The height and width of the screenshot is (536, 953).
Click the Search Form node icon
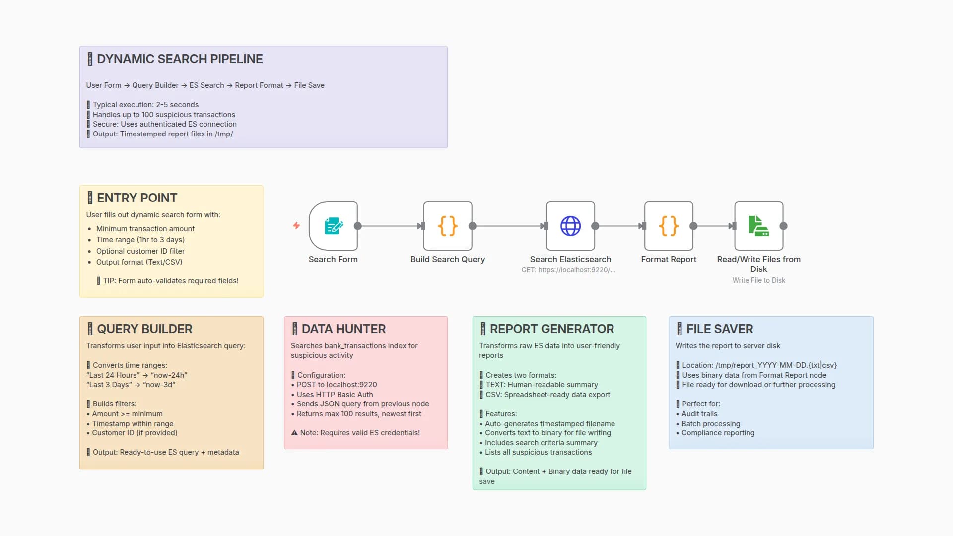(x=333, y=226)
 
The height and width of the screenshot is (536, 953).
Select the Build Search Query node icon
(x=447, y=226)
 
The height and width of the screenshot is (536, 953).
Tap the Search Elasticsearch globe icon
(x=570, y=226)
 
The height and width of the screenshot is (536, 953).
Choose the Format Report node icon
(x=669, y=226)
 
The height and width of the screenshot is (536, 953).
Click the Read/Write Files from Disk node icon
(x=758, y=226)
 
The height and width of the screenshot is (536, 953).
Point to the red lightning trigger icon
(x=296, y=226)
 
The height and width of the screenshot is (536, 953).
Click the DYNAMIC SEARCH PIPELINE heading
(x=180, y=59)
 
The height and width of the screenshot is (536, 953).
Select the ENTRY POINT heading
(x=137, y=198)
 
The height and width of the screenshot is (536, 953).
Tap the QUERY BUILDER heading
(x=144, y=329)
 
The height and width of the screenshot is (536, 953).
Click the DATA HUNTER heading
(x=343, y=329)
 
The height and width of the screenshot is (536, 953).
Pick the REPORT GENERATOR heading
(x=551, y=329)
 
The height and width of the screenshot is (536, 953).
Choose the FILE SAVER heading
(x=719, y=329)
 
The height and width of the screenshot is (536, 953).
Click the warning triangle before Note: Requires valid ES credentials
(x=294, y=433)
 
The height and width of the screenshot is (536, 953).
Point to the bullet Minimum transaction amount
(x=145, y=229)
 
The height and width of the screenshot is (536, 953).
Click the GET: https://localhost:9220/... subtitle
(x=568, y=270)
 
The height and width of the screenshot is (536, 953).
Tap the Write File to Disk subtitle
(x=758, y=281)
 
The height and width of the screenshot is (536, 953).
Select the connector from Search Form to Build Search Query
(x=390, y=226)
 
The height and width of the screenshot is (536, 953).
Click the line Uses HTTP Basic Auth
(x=335, y=395)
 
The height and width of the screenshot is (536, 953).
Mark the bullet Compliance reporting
(x=718, y=433)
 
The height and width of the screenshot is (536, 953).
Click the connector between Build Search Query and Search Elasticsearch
(x=509, y=226)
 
